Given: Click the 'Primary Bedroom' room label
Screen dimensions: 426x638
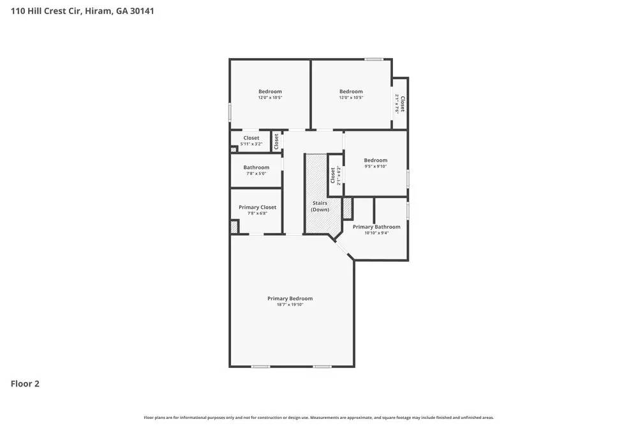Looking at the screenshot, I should point(290,298).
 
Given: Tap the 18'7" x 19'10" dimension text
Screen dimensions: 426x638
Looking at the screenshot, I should point(290,305).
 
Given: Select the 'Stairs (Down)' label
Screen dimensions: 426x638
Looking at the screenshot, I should point(320,206).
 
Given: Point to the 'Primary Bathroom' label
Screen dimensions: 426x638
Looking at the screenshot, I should point(376,227).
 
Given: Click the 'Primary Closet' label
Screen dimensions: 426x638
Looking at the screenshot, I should point(257,207).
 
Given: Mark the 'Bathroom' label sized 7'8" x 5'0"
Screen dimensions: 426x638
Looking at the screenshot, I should point(256,167).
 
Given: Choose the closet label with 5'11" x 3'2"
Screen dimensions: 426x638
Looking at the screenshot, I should point(251,138).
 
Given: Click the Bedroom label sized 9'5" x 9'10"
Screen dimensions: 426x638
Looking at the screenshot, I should point(375,160).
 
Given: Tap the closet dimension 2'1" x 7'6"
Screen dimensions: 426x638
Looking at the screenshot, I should point(397,103).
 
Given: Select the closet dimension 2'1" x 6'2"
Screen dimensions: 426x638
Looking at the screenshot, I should point(339,176).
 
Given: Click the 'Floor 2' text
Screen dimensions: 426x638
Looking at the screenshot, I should point(25,384).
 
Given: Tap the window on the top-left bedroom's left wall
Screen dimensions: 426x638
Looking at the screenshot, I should point(230,112).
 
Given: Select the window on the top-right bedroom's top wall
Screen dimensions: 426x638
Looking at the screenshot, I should point(373,59).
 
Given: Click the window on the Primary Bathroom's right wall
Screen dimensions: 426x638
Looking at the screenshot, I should point(408,211).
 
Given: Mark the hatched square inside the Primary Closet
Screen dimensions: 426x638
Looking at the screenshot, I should point(234,227).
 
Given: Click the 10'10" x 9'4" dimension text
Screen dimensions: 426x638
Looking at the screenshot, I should point(376,233).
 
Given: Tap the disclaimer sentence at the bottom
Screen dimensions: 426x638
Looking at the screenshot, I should point(318,418).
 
